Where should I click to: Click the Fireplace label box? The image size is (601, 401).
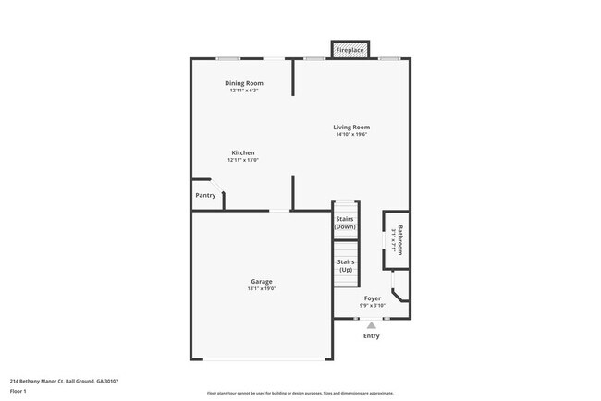tap(350, 49)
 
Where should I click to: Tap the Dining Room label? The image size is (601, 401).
tap(244, 83)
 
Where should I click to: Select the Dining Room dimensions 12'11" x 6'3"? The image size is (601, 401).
tap(244, 91)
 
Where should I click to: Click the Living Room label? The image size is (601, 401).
tap(352, 127)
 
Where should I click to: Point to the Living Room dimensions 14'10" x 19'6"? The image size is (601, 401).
tap(352, 135)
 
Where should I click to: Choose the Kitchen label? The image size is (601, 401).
tap(243, 152)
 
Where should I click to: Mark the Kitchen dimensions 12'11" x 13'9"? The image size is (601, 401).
tap(243, 160)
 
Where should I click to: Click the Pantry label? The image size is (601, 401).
tap(205, 195)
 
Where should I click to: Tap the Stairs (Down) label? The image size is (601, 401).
tap(346, 223)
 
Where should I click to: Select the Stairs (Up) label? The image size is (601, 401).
tap(346, 265)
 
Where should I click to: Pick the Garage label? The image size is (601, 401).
tap(262, 281)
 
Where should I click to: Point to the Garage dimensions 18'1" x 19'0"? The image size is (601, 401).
tap(262, 289)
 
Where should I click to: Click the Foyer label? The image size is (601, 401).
tap(373, 298)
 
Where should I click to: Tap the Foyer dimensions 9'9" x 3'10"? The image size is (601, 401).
tap(373, 305)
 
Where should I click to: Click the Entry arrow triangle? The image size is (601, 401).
tap(372, 325)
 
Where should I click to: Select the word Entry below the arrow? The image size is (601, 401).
tap(372, 336)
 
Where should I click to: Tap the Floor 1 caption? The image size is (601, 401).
tap(18, 391)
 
